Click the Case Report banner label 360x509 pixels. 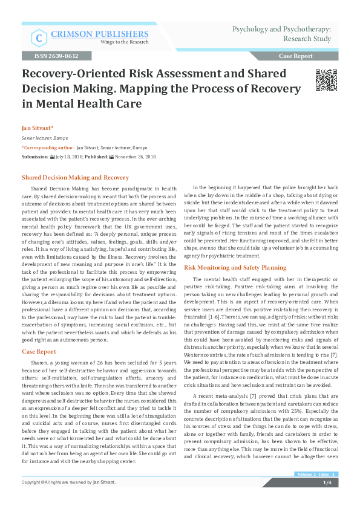(296, 56)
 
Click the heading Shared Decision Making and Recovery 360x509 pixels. (75, 178)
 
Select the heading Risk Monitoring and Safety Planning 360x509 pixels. (235, 267)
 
